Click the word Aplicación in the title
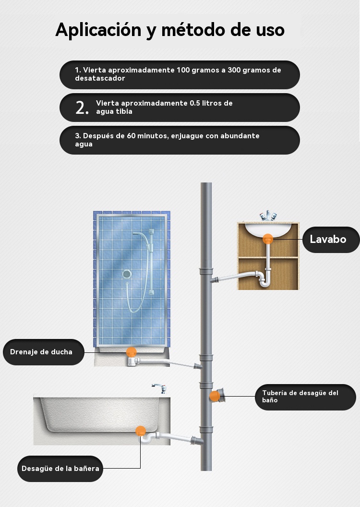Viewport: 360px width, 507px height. [x=98, y=30]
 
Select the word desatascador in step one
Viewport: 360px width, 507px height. [x=100, y=78]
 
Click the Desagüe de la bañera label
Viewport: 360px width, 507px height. [x=60, y=469]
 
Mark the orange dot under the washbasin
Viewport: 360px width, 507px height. [x=267, y=239]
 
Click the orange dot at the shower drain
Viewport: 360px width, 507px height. [x=131, y=352]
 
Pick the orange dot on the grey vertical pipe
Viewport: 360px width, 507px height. [x=215, y=396]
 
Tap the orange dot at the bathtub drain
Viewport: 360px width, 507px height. [x=140, y=431]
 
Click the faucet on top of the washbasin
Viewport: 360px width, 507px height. [x=268, y=216]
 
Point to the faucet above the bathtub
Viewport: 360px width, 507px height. [x=159, y=388]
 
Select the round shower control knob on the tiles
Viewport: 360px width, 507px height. [x=127, y=274]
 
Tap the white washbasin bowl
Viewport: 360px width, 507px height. [x=268, y=229]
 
